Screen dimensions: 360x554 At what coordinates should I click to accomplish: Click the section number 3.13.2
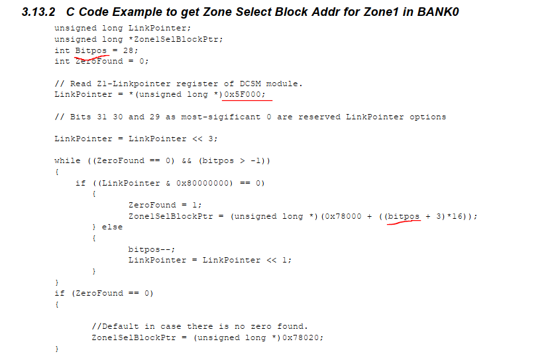tap(38, 12)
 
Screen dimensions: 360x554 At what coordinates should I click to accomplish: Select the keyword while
tap(67, 160)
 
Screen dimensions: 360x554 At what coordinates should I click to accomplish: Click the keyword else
tap(112, 227)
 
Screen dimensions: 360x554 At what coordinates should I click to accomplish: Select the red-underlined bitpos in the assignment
tap(404, 216)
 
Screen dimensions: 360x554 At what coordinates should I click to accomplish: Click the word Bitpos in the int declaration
tap(91, 50)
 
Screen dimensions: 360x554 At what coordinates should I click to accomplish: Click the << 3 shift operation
tap(205, 139)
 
